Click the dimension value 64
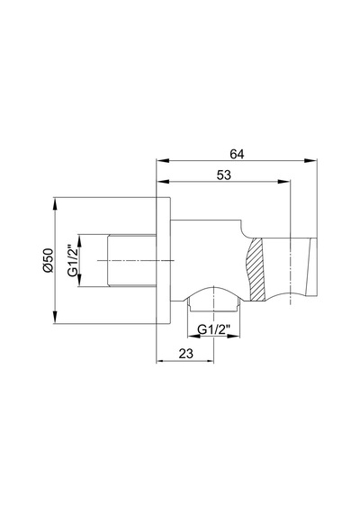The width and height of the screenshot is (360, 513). (x=237, y=153)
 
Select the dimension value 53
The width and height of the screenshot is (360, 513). (x=224, y=175)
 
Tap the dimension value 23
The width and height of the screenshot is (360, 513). (x=186, y=354)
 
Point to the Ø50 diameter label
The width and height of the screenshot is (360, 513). (x=48, y=260)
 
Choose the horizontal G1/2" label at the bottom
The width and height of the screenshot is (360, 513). (x=214, y=329)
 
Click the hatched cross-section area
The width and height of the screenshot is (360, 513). (x=256, y=270)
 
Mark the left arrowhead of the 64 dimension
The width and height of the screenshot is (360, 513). (x=163, y=160)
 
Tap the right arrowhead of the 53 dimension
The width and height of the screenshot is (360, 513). (x=283, y=182)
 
